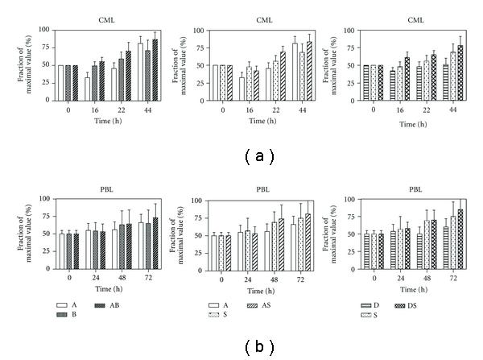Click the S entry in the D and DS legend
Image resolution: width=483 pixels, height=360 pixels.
click(x=374, y=315)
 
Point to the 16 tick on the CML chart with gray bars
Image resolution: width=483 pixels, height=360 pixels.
click(x=96, y=116)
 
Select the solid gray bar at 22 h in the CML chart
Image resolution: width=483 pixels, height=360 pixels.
click(x=122, y=81)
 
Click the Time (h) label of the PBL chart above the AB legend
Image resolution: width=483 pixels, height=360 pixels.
click(x=96, y=288)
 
